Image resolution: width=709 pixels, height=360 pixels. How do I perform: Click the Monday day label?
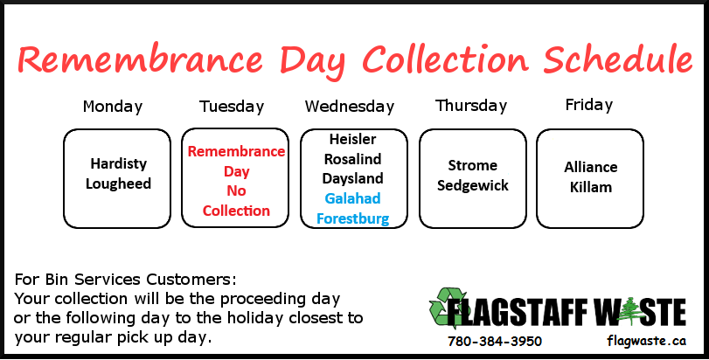(x=113, y=107)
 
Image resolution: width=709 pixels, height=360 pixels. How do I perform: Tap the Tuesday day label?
(x=232, y=107)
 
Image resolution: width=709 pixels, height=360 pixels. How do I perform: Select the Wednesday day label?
(x=350, y=107)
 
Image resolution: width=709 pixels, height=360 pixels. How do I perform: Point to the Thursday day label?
(x=471, y=106)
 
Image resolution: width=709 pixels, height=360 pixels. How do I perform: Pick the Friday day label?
(x=588, y=105)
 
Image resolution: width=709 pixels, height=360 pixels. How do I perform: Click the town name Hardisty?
(x=119, y=163)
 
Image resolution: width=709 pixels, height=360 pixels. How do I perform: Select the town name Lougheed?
(x=119, y=183)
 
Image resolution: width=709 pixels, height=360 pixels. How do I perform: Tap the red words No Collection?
(x=236, y=201)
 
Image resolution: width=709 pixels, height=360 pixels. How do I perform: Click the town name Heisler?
(x=352, y=139)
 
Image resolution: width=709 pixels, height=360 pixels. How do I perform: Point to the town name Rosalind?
(x=352, y=159)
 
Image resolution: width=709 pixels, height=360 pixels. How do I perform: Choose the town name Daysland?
(x=352, y=178)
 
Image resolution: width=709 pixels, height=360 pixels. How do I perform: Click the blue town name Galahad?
(x=352, y=198)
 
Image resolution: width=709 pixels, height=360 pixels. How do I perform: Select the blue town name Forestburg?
(x=352, y=218)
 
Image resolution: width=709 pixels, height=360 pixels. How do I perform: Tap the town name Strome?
(x=472, y=165)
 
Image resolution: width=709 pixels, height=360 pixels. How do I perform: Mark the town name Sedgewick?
(x=472, y=185)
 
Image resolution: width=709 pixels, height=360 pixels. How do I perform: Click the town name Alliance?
(x=590, y=167)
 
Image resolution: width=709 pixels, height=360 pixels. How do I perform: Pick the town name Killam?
(x=590, y=187)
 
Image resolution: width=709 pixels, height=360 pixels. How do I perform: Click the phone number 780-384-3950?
(x=495, y=341)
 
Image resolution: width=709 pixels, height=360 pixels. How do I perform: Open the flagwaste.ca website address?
(x=647, y=341)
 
